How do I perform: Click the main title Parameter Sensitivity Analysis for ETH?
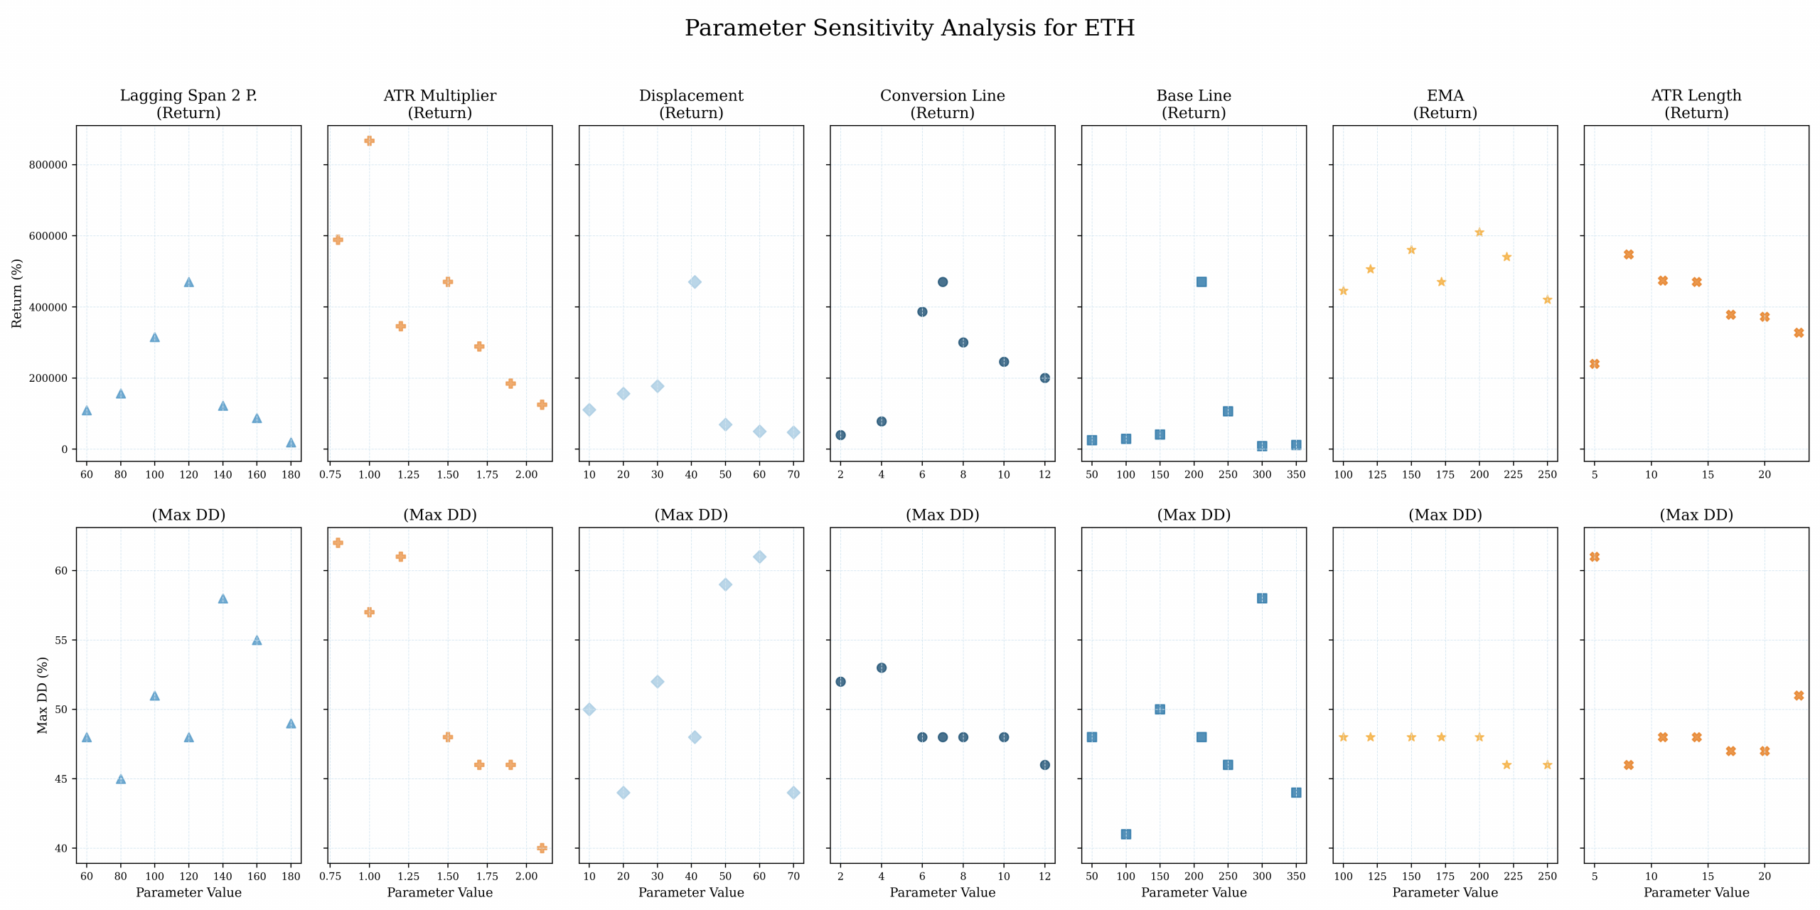(909, 28)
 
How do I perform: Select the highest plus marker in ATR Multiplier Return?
(369, 141)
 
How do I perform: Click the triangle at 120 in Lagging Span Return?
(188, 282)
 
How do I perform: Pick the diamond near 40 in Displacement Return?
(695, 282)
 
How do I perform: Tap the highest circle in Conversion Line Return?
(943, 282)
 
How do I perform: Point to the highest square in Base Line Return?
(1201, 282)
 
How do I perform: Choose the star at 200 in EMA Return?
(1479, 232)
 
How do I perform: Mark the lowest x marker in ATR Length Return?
(1595, 364)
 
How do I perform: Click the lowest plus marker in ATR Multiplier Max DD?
(542, 848)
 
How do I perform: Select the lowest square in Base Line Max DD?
(1126, 834)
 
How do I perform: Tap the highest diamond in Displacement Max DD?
(759, 557)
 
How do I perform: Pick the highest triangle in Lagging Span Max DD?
(223, 599)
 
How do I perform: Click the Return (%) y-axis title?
(17, 293)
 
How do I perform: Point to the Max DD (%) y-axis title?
(43, 695)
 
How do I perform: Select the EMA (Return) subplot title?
(1445, 104)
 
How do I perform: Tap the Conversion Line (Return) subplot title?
(942, 104)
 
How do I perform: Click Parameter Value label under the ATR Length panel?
(1696, 892)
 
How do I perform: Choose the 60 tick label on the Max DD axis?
(61, 571)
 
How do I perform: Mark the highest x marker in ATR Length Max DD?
(1595, 557)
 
